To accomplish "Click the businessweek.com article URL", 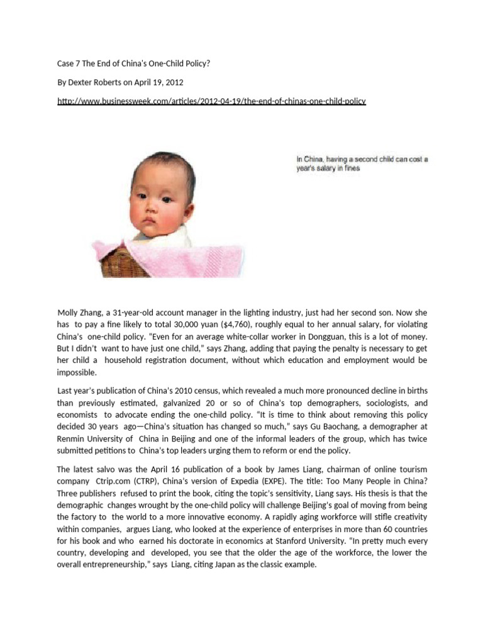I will tap(211, 101).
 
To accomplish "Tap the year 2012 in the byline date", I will tap(175, 81).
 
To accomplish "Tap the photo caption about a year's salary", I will tap(362, 164).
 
